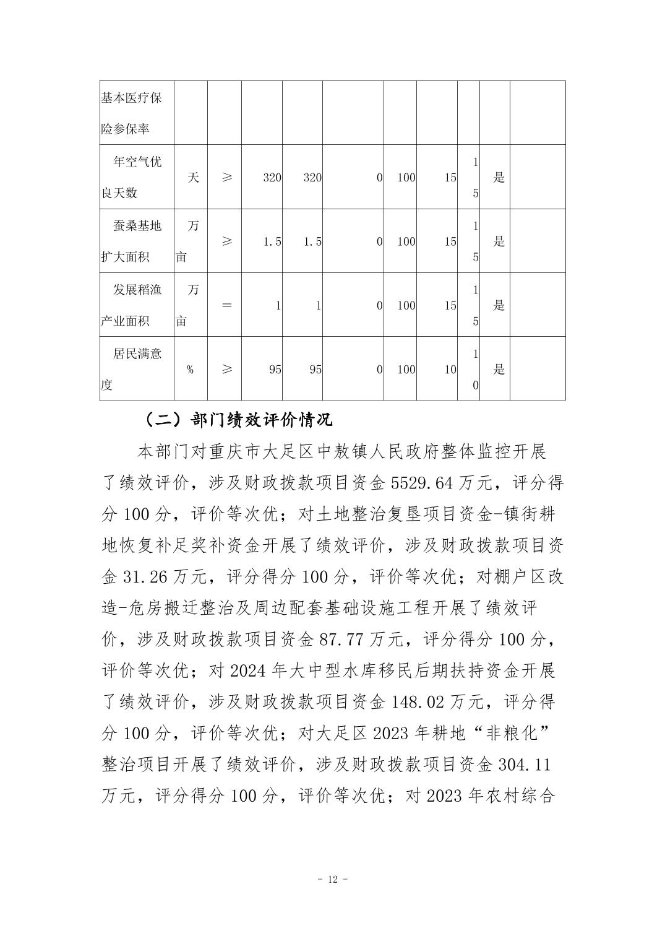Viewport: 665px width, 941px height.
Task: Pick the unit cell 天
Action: coord(193,178)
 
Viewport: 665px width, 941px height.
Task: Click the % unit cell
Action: coord(190,370)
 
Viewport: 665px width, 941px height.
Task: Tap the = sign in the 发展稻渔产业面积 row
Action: coord(226,305)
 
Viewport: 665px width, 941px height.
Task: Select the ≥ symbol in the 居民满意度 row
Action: coord(226,369)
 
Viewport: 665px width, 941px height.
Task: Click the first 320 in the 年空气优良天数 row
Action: coord(272,178)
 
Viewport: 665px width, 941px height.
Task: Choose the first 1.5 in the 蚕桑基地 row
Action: coord(272,241)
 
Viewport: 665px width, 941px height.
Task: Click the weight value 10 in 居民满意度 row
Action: coord(450,370)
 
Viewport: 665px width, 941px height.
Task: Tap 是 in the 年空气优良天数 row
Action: coord(499,178)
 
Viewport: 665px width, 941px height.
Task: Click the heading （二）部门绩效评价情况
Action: coord(238,420)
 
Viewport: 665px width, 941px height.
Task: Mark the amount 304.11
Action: coord(524,765)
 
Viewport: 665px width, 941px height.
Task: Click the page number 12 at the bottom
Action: coord(333,880)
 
